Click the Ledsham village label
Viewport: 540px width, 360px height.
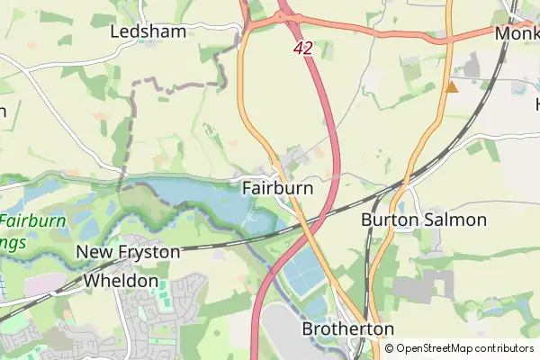coord(148,31)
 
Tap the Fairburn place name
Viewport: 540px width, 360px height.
coord(277,189)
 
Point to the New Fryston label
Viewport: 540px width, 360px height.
coord(128,253)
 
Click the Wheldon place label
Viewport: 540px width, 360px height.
coord(121,281)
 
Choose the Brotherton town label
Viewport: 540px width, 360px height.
coord(347,329)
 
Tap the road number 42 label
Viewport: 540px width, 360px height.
coord(302,49)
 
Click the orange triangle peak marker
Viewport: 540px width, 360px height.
coord(452,87)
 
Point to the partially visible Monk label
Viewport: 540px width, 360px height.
coord(517,32)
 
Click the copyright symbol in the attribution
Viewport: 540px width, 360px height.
coord(389,348)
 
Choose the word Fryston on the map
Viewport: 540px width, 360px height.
coord(148,253)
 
